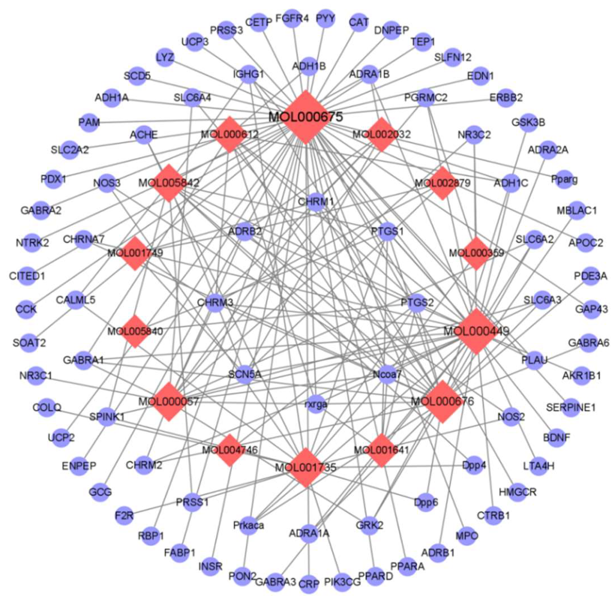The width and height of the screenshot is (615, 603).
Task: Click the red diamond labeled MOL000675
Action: (x=305, y=117)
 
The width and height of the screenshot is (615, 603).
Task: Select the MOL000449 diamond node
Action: (x=476, y=331)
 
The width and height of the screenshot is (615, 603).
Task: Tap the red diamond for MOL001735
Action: (x=305, y=467)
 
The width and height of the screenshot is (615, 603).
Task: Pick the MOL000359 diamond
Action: (x=476, y=253)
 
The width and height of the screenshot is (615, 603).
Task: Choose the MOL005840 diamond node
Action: (x=135, y=331)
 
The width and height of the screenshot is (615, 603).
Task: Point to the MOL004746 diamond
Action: (x=230, y=450)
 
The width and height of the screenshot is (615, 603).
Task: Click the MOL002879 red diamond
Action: (x=442, y=183)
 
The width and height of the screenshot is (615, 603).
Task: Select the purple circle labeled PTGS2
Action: (x=417, y=303)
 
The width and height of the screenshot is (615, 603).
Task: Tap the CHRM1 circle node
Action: (x=316, y=201)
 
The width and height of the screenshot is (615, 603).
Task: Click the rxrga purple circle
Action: (x=316, y=404)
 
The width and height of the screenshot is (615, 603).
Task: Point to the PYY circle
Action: (x=326, y=19)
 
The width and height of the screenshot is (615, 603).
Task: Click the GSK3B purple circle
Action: (x=528, y=122)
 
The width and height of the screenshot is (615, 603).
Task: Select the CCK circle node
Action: (x=26, y=309)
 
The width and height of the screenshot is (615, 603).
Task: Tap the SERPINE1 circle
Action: (x=571, y=407)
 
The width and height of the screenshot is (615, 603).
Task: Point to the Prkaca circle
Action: (x=249, y=525)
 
